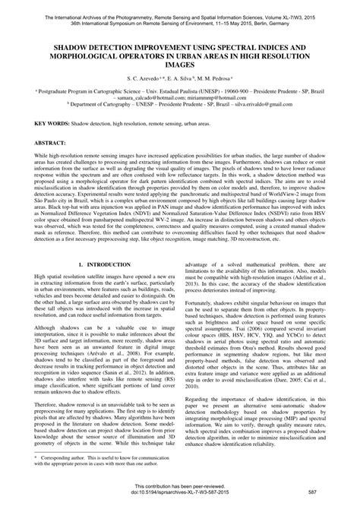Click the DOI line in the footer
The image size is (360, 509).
click(x=180, y=494)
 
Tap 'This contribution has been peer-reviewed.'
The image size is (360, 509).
click(x=180, y=487)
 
